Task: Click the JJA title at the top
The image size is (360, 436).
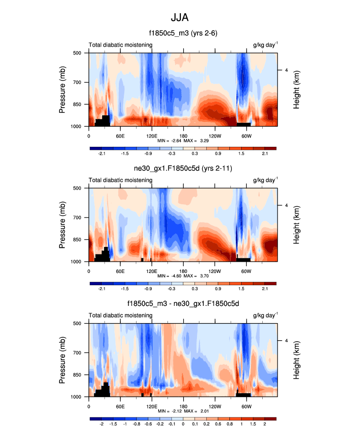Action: (179, 17)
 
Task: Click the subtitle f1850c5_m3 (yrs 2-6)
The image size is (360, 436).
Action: (183, 33)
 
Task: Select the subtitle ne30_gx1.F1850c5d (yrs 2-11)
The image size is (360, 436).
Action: (183, 169)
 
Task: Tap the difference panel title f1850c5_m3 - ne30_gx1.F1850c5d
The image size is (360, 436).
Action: (183, 304)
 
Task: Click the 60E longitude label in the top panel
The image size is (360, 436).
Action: (120, 136)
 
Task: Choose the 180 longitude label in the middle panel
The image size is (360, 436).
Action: (183, 271)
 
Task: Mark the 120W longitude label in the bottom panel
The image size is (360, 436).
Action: (215, 406)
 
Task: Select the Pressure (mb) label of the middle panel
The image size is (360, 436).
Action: (62, 224)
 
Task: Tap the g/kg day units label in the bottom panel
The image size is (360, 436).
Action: (265, 315)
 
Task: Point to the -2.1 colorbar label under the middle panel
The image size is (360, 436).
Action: (102, 289)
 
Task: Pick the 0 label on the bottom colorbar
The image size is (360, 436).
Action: (183, 424)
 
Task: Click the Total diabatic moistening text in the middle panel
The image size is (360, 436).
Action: (120, 180)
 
